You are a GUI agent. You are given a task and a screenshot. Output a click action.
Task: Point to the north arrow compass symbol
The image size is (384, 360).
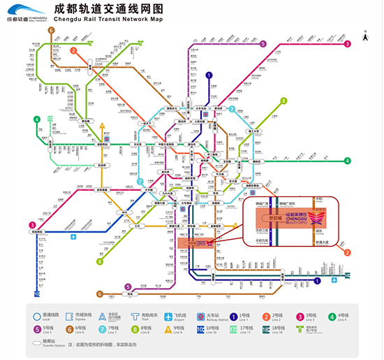(366, 31)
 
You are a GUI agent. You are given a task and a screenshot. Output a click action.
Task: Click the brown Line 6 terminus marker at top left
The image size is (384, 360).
(52, 31)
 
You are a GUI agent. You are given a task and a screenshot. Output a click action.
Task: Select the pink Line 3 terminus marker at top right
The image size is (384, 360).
(347, 45)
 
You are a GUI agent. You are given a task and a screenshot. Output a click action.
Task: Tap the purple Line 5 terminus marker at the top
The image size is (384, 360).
(263, 44)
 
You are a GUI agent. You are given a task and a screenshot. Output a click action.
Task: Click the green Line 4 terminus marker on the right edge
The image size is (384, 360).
(347, 161)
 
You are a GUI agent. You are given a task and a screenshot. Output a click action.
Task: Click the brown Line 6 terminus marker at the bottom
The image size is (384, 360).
(101, 294)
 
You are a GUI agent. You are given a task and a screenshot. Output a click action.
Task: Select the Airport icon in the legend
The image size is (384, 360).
(168, 317)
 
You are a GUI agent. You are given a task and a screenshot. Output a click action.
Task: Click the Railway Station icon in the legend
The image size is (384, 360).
(200, 317)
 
